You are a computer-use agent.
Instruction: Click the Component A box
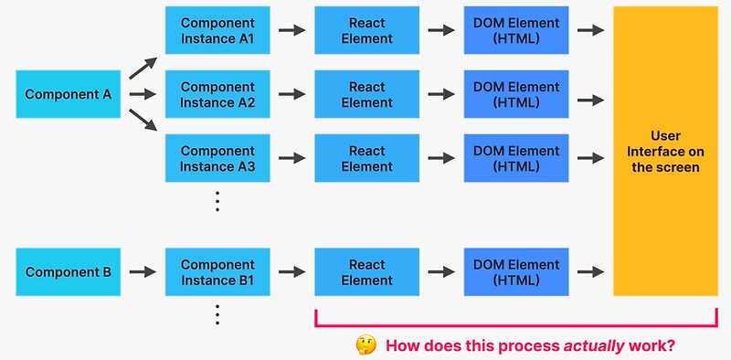[x=68, y=94]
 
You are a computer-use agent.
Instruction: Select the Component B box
[x=68, y=271]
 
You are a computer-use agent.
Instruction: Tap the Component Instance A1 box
[x=217, y=30]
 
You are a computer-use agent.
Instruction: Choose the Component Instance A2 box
[x=217, y=94]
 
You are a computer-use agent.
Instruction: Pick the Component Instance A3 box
[x=217, y=158]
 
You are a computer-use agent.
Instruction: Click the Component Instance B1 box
[x=217, y=271]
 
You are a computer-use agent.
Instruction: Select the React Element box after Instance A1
[x=366, y=30]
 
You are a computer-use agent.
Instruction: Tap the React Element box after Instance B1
[x=366, y=271]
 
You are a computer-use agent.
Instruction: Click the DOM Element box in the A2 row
[x=515, y=94]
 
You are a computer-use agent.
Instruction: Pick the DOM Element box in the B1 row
[x=515, y=271]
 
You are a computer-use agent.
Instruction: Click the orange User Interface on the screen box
[x=664, y=151]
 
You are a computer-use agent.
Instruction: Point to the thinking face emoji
[x=366, y=345]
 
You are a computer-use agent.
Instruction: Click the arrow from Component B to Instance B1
[x=143, y=271]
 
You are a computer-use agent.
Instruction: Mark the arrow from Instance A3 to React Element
[x=291, y=158]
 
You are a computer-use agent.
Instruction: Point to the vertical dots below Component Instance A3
[x=217, y=201]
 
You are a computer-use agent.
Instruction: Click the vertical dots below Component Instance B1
[x=217, y=314]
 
